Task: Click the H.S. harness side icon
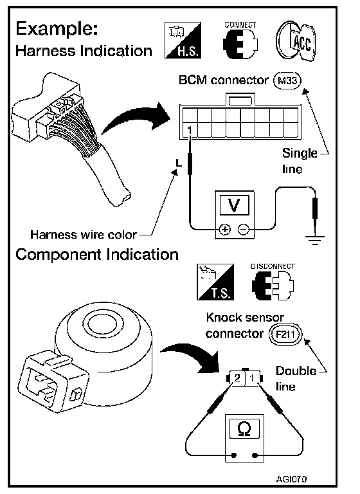183,40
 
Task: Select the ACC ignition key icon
296,41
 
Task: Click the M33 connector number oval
287,80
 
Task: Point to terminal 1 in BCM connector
190,130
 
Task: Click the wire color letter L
179,163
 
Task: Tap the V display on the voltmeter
234,205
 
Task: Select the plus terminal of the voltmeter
224,230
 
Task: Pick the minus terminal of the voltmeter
243,230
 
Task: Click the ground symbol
314,240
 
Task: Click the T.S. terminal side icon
215,282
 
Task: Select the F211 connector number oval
285,334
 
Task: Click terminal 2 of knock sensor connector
237,378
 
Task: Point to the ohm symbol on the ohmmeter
244,429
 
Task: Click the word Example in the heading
57,29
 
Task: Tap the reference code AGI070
291,479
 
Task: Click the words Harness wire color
84,235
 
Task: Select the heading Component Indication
97,255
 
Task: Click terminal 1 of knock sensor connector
252,378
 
